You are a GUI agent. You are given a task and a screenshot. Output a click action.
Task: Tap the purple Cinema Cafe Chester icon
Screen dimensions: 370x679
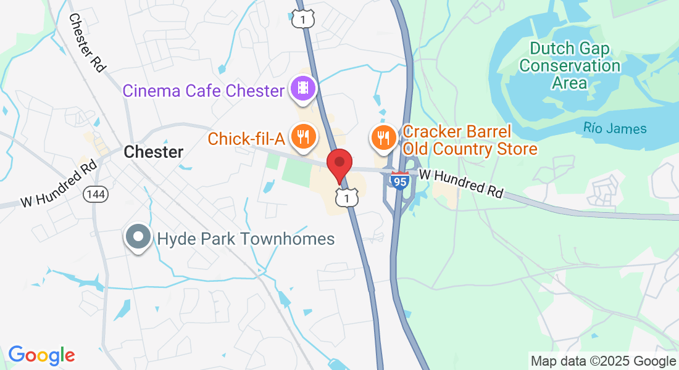pos(302,88)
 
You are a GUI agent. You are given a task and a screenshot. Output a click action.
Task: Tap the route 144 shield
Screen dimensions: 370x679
pos(96,194)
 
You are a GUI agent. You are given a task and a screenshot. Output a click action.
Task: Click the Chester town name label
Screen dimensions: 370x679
pos(154,152)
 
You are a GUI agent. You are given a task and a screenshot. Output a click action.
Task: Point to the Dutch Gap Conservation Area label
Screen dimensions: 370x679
pos(569,65)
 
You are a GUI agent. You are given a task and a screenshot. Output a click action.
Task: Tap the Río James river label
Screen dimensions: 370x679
pos(615,129)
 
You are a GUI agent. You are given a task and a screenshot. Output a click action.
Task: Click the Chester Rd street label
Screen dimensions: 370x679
pos(86,43)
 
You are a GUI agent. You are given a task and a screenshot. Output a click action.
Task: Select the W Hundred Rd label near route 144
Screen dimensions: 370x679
pos(59,183)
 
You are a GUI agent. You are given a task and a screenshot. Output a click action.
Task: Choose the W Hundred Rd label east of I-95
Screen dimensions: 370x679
pos(461,184)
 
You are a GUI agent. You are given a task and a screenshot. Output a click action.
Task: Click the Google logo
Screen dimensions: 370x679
pos(41,355)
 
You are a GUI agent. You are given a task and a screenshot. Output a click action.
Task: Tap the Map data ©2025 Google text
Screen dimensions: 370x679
pos(603,361)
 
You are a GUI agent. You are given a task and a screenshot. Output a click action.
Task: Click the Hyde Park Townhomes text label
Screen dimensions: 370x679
pos(246,239)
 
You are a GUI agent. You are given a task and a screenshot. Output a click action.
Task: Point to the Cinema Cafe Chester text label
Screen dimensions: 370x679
pos(203,91)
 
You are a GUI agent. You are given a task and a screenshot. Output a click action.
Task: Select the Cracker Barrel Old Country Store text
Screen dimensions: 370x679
pos(469,140)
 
